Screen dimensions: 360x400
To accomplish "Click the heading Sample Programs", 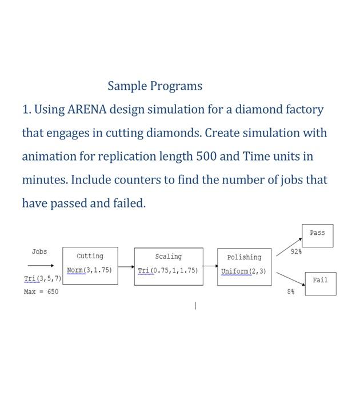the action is tap(155, 86).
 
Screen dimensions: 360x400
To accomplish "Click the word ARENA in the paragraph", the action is tap(87, 109).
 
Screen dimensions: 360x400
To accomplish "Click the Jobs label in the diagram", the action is tap(39, 251).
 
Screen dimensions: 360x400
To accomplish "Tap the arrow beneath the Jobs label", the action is tap(41, 265).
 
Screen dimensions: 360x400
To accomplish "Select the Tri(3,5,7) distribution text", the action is tap(42, 278).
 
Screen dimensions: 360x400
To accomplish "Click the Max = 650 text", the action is tap(41, 291).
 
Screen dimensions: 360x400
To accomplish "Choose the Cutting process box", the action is tap(90, 266).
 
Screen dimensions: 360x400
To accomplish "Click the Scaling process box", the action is tap(169, 266).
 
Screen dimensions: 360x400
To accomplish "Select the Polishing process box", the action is tap(244, 267).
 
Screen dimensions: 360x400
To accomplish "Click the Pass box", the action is tap(317, 235).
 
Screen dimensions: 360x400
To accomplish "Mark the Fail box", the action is tap(320, 283).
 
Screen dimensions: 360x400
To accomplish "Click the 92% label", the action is tap(296, 251).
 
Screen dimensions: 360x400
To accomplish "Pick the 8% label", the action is tap(291, 291).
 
